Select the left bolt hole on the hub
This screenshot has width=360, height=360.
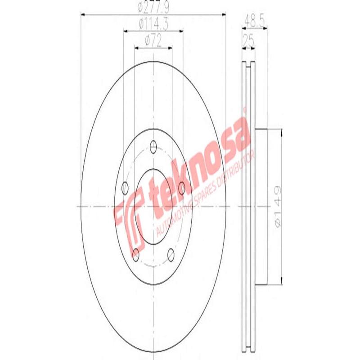[126, 187]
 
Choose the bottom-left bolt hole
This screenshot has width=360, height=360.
[136, 255]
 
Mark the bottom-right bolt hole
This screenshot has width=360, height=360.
[171, 255]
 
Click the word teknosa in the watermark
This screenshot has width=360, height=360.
[198, 166]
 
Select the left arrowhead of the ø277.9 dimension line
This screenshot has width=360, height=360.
[83, 15]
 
